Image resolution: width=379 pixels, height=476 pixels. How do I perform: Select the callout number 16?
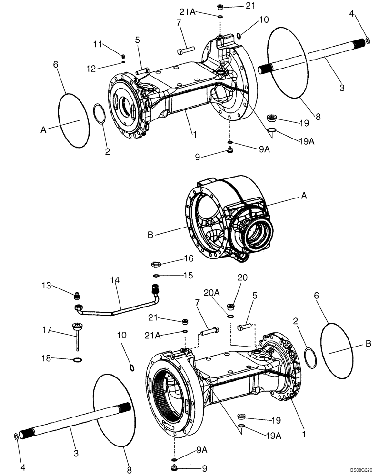[189, 258]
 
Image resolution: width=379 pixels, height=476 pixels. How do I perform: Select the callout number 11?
[98, 44]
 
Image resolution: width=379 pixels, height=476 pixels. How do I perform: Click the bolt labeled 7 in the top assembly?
[185, 49]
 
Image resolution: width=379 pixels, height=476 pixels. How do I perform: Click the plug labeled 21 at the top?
[221, 7]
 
